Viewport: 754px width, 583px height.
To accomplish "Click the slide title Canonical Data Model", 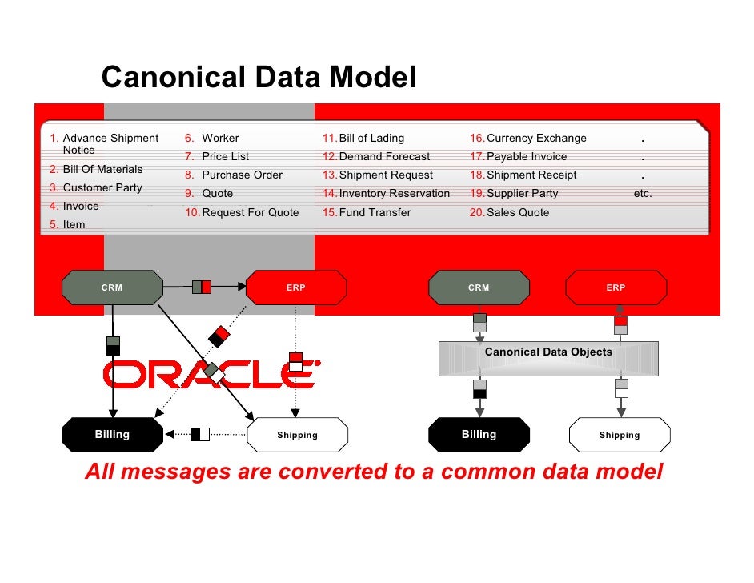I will (x=259, y=78).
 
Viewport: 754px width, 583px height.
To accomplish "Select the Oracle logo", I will (x=211, y=373).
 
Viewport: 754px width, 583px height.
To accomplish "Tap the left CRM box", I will (x=112, y=287).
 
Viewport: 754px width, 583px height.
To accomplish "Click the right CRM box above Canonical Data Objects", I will (x=479, y=287).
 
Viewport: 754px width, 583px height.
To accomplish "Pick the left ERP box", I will (x=296, y=287).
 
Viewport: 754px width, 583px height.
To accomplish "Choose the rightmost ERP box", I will (x=616, y=287).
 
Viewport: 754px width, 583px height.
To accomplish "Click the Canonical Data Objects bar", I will (x=548, y=358).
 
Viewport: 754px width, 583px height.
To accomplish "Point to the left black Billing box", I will (x=112, y=435).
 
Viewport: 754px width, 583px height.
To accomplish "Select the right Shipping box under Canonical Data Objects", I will (x=620, y=435).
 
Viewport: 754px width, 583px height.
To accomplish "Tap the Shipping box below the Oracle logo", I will (x=297, y=435).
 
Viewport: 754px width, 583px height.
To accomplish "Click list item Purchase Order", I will (x=242, y=175).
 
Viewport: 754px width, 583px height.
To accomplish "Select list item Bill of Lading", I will (x=371, y=138).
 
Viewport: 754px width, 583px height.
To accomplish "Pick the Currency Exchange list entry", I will (x=536, y=138).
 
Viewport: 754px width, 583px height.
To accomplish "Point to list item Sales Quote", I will (x=518, y=212).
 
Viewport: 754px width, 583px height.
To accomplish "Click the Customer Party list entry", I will (x=102, y=187).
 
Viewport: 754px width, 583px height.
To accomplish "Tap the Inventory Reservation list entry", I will (x=395, y=193).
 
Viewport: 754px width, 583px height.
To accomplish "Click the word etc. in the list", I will (x=643, y=193).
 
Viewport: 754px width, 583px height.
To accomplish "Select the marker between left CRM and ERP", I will (x=202, y=287).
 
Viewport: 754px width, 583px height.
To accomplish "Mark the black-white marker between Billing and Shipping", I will (x=200, y=435).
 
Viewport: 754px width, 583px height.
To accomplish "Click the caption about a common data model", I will (x=374, y=472).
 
